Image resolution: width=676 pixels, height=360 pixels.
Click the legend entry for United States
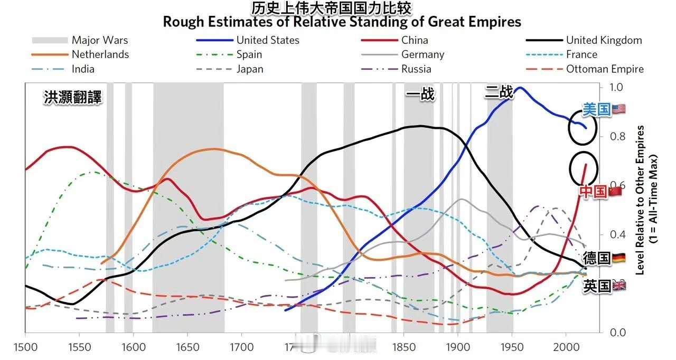click(267, 40)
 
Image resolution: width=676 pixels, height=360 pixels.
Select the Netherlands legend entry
click(100, 54)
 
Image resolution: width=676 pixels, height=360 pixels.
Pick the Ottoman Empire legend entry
click(605, 69)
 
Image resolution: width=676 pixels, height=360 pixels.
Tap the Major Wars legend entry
click(99, 40)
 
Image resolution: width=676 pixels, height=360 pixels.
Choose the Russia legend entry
click(416, 69)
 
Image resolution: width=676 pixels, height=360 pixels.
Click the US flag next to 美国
click(619, 109)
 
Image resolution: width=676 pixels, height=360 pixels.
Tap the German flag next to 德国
click(618, 258)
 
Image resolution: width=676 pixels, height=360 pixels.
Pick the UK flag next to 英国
click(618, 286)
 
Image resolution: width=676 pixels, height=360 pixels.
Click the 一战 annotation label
click(420, 94)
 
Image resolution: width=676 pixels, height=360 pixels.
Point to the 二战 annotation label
click(499, 92)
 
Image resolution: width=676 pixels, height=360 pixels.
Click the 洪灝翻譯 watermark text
click(72, 98)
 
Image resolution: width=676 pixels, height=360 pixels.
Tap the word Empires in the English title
click(495, 22)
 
